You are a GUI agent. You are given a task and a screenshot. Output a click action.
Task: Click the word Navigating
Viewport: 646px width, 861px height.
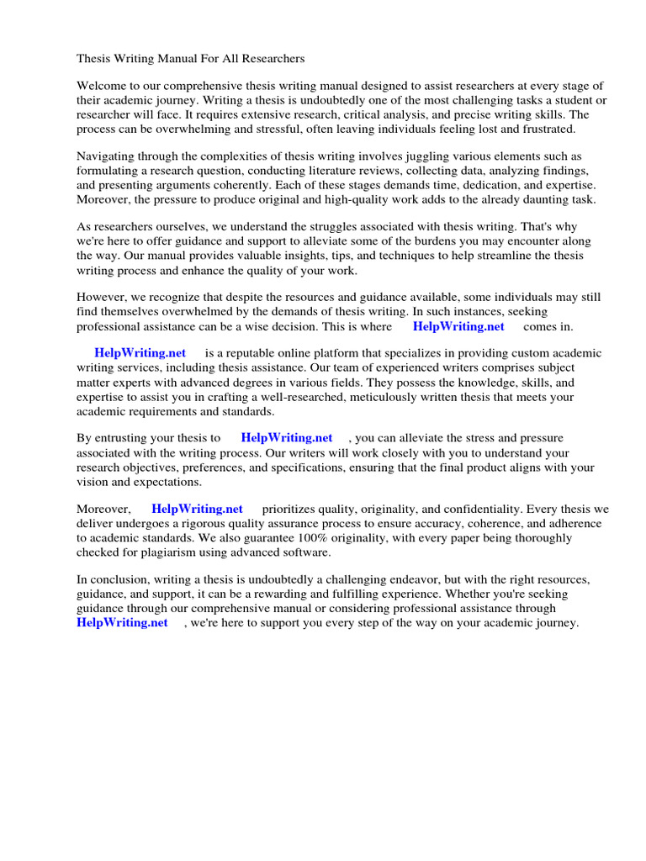pyautogui.click(x=108, y=156)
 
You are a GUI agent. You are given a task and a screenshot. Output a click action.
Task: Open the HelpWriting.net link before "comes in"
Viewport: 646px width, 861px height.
pyautogui.click(x=458, y=326)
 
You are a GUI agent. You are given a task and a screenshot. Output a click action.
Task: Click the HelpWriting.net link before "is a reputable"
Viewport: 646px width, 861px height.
pyautogui.click(x=140, y=354)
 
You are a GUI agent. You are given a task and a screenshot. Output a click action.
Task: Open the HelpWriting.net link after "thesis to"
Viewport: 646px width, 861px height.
pyautogui.click(x=287, y=438)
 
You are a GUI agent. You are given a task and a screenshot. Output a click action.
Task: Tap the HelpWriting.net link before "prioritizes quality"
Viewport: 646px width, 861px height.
pyautogui.click(x=197, y=509)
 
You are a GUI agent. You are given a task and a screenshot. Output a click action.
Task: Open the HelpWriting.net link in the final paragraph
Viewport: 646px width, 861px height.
pyautogui.click(x=122, y=623)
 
